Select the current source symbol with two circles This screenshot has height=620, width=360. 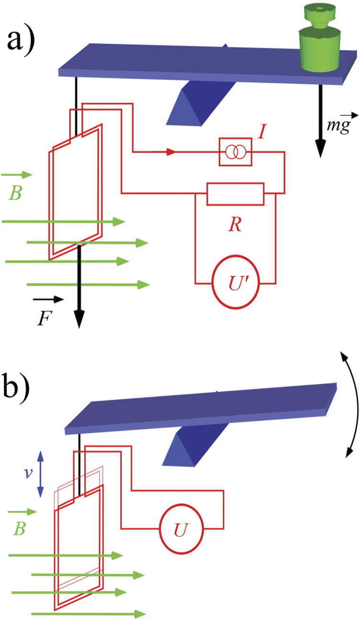point(234,152)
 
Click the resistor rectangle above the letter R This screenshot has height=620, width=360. point(235,193)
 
